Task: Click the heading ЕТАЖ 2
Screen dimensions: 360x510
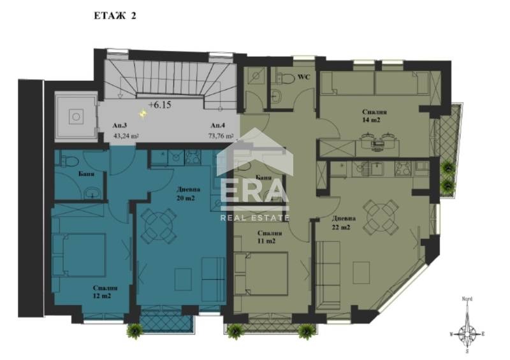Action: tap(111, 17)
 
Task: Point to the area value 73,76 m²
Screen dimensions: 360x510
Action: tap(221, 136)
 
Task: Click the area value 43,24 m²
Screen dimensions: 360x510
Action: tap(126, 136)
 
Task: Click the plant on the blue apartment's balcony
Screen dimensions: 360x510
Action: tap(135, 330)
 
